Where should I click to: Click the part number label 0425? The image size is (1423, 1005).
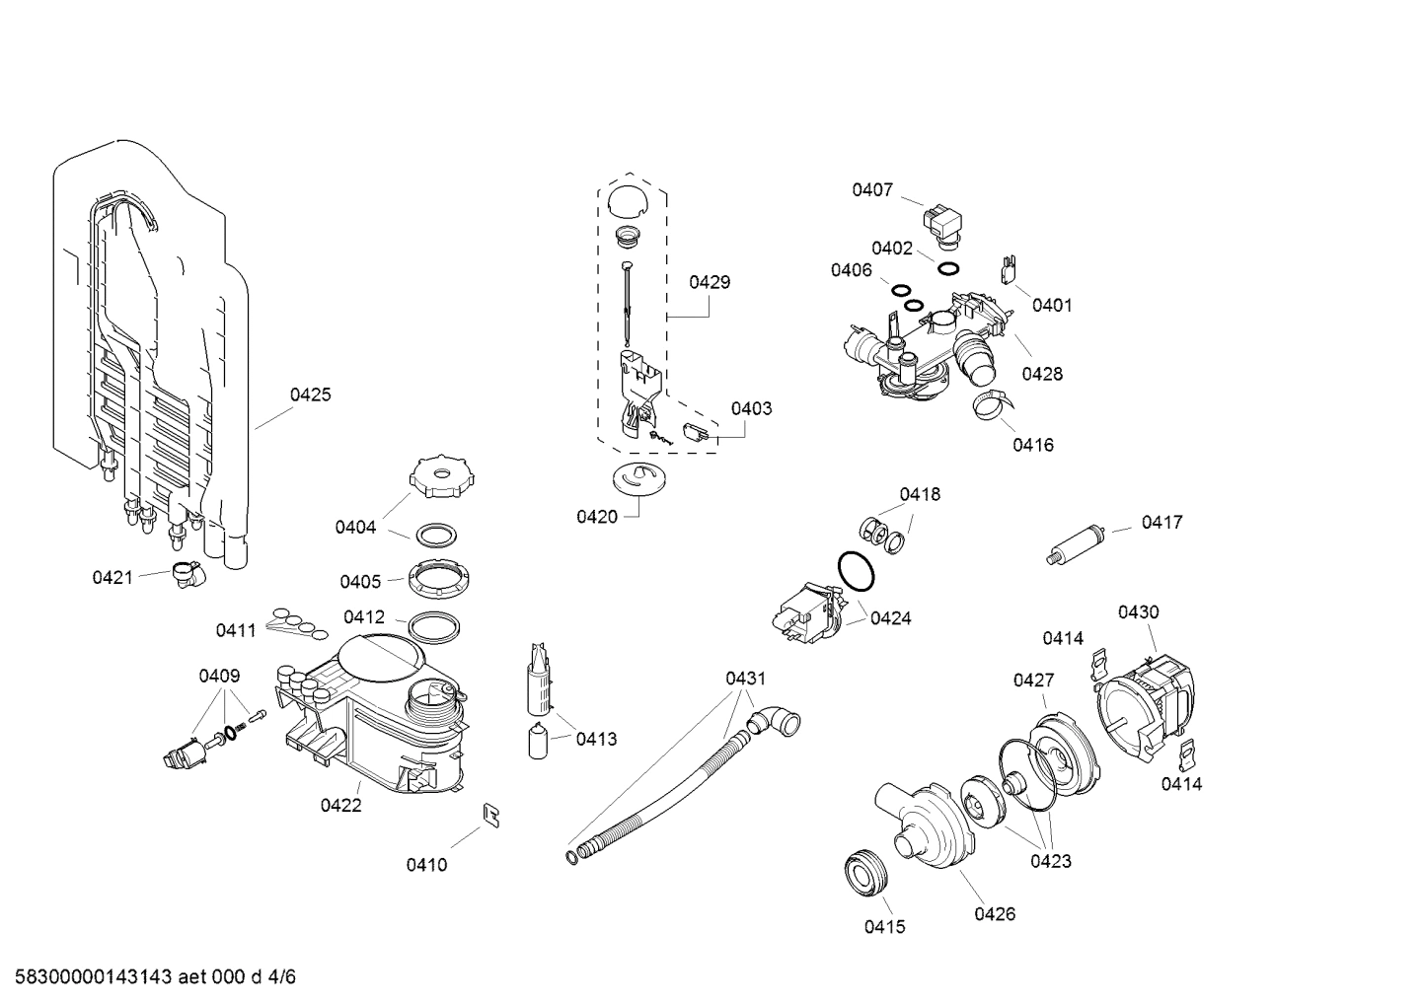point(310,395)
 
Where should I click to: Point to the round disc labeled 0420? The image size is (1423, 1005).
point(634,478)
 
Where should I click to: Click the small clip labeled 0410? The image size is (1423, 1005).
point(490,813)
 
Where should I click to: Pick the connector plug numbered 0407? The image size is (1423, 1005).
point(942,222)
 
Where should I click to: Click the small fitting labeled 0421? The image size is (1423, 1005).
point(185,573)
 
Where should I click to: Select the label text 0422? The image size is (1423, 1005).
point(340,805)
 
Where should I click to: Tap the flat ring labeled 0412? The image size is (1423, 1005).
point(433,626)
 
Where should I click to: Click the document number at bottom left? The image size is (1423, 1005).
point(149,977)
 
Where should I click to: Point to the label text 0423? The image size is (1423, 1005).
point(1051,861)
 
